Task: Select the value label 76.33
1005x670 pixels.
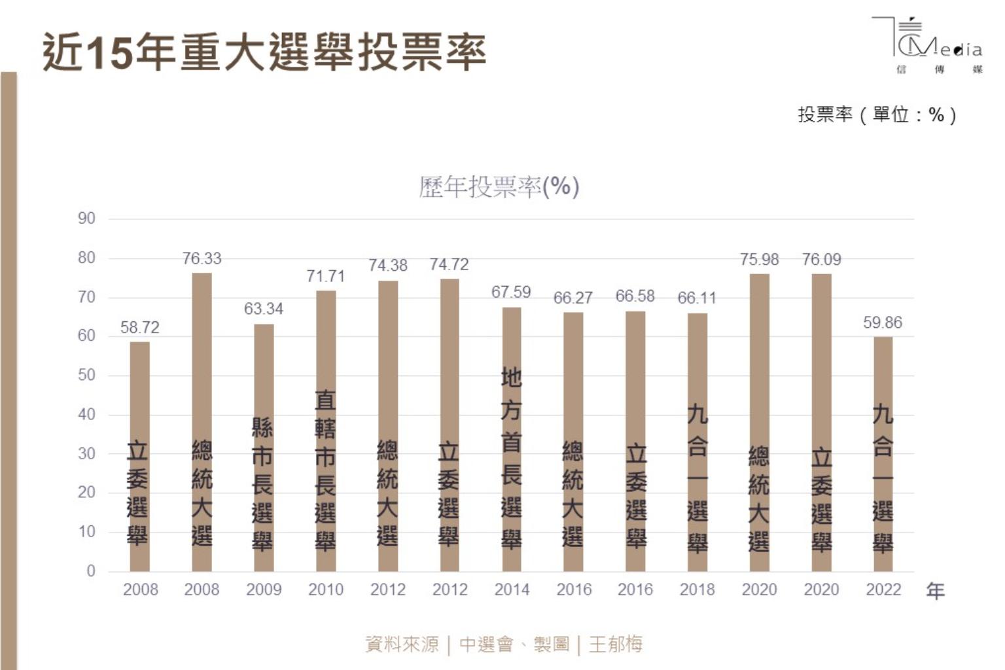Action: [202, 258]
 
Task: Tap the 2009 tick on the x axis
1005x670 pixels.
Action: [264, 590]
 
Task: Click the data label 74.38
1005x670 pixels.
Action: [387, 265]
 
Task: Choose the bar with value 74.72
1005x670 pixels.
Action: [450, 425]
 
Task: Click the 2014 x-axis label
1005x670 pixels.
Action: [512, 590]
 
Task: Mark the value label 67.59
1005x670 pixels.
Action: [511, 292]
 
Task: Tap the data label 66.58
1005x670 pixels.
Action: [635, 296]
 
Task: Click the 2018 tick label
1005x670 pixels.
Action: [697, 590]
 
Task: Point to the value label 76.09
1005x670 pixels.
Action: [821, 260]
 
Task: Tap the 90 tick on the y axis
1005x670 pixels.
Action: [86, 219]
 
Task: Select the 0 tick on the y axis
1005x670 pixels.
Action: [91, 571]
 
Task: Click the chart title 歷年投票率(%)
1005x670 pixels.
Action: [499, 187]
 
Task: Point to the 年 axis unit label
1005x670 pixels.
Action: [936, 591]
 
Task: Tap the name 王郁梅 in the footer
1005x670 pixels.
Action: [616, 644]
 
